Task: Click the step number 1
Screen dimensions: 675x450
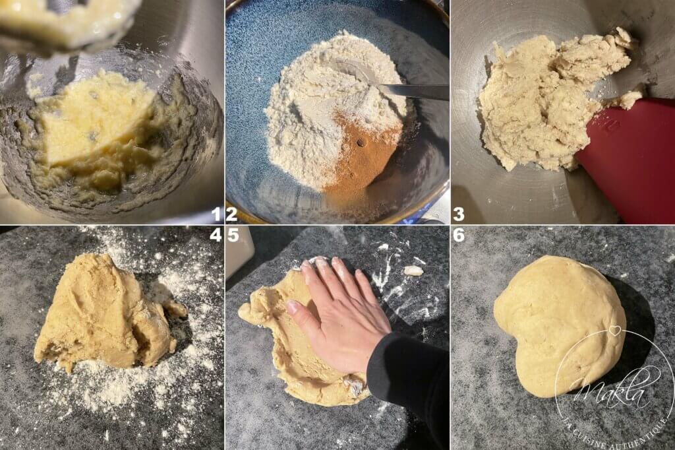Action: (x=217, y=214)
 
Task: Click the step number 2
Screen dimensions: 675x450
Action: (x=231, y=214)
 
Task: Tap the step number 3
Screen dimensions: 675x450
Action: (x=459, y=214)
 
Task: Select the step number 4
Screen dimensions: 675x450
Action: (x=216, y=235)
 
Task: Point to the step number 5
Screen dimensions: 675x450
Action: (x=233, y=235)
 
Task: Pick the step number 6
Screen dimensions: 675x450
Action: (x=459, y=235)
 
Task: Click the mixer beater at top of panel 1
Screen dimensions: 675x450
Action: (x=65, y=22)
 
